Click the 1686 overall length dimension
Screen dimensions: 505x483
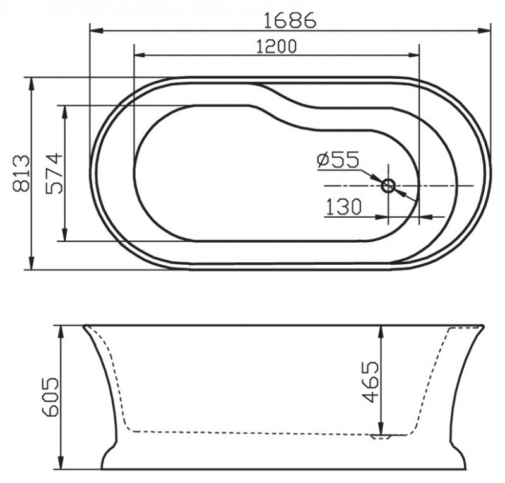[290, 20]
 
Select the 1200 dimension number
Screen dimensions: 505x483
[276, 47]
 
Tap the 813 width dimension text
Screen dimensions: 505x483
[21, 173]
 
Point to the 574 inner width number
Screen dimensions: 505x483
[54, 173]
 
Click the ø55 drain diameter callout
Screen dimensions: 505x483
[338, 160]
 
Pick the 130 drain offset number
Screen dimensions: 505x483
[343, 207]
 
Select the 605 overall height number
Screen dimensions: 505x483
[50, 397]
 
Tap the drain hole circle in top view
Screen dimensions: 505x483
[388, 185]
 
